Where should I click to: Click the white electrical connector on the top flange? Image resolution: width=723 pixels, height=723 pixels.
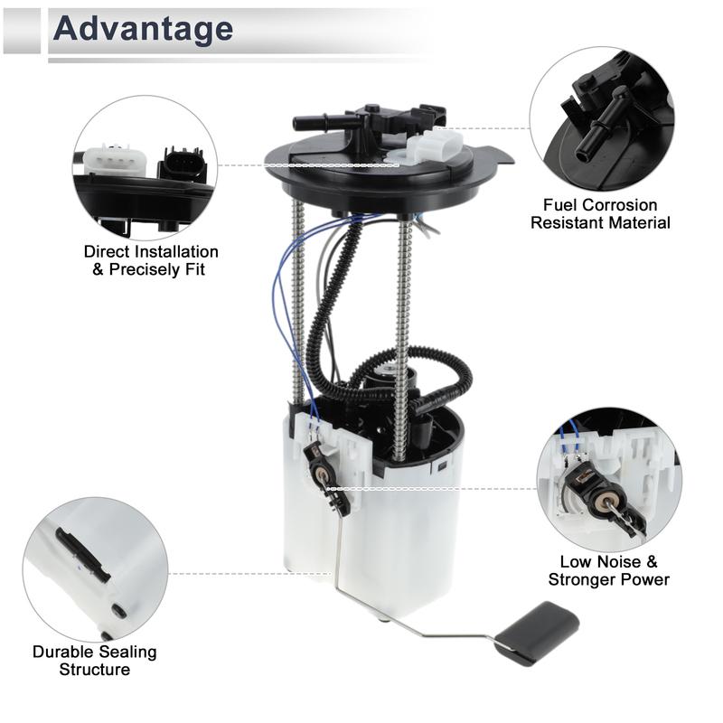tap(431, 146)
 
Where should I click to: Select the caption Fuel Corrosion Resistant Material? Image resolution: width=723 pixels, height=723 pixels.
tap(600, 214)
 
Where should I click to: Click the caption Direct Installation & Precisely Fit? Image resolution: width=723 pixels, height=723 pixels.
tap(151, 260)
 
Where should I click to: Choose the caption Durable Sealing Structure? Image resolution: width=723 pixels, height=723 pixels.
tap(95, 661)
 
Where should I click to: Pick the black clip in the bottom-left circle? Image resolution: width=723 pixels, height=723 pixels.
tap(83, 554)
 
